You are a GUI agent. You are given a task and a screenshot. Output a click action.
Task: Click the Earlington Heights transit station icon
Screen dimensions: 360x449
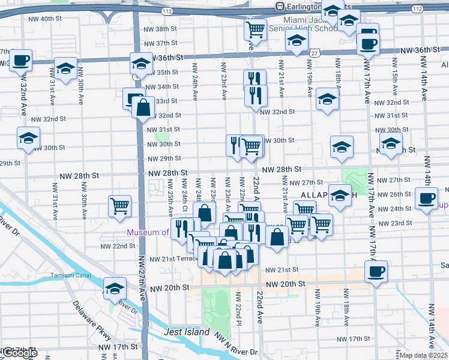(279, 6)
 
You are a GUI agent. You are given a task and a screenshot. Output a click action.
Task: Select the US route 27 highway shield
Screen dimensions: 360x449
(314, 53)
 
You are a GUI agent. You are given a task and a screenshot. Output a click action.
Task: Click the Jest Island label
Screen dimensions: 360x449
(187, 332)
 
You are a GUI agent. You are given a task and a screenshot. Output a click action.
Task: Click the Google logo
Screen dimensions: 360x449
(19, 353)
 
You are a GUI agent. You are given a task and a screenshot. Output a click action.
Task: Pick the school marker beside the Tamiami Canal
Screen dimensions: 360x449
(115, 287)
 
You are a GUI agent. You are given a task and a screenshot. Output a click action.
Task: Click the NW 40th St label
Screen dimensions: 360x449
(45, 19)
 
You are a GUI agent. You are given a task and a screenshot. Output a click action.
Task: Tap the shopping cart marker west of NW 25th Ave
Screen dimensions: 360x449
(120, 206)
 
